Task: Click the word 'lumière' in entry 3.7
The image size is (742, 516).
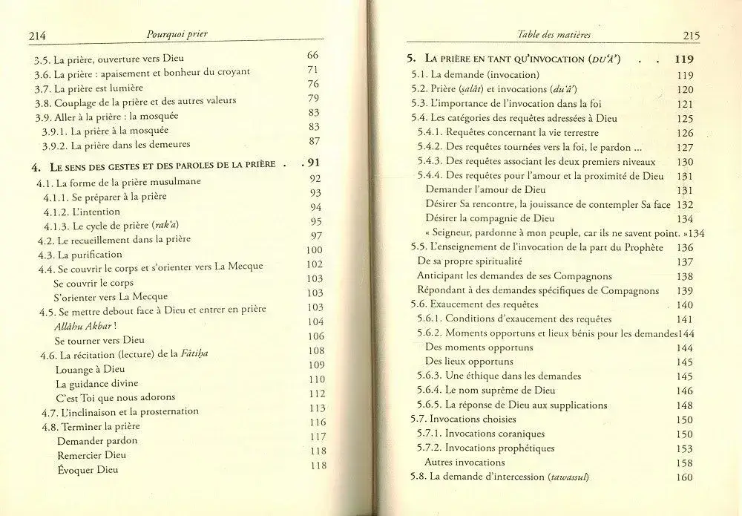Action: [133, 88]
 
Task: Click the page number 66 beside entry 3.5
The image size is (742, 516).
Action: [312, 56]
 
